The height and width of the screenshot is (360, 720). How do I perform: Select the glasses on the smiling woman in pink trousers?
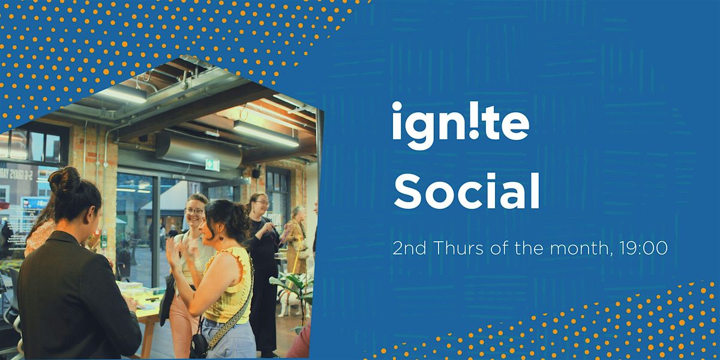coord(194,211)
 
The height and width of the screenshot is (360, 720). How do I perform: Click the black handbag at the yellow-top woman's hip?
coord(199,346)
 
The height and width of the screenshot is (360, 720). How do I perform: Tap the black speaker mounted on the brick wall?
coord(256,173)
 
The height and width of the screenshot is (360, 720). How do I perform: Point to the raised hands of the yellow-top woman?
coord(177,252)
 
